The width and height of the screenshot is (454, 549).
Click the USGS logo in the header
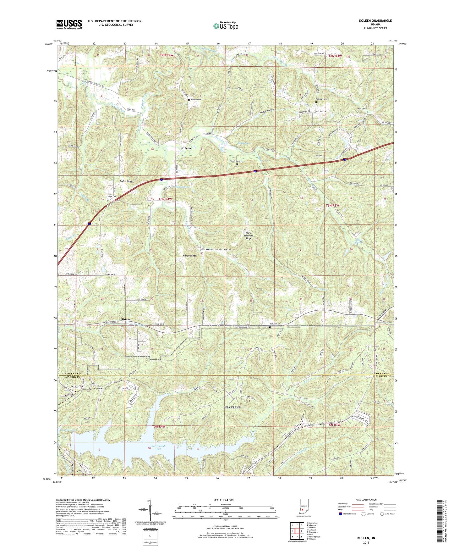click(69, 24)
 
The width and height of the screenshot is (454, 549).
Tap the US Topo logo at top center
click(226, 26)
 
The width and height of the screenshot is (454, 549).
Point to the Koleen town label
click(186, 148)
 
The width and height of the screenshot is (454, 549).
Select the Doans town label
click(126, 319)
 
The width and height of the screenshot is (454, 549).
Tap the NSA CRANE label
click(232, 407)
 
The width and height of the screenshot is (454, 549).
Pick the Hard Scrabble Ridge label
click(249, 236)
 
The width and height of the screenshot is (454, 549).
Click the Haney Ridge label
click(189, 256)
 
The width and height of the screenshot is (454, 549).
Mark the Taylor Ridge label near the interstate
click(126, 181)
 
